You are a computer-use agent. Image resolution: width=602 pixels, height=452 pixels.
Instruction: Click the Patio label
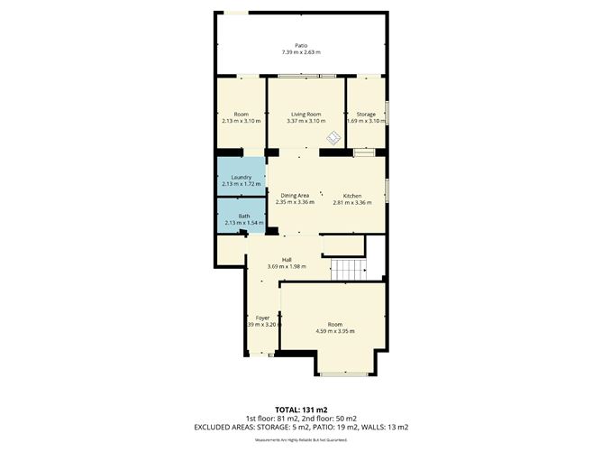(x=300, y=45)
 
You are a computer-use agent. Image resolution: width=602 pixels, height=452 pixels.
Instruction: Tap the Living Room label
(x=306, y=115)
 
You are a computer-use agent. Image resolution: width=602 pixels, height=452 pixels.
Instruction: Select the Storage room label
(x=365, y=115)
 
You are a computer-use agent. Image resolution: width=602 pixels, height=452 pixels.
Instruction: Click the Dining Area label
(x=296, y=196)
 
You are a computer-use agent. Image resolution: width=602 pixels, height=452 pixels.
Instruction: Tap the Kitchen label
(x=351, y=196)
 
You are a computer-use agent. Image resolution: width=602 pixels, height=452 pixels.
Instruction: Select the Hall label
(x=286, y=260)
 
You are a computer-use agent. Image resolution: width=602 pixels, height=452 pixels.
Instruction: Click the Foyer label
(x=262, y=318)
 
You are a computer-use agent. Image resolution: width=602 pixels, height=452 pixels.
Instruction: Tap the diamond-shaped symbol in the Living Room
(x=333, y=138)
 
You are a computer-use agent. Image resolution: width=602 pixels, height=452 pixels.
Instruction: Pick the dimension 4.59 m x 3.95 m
(x=335, y=331)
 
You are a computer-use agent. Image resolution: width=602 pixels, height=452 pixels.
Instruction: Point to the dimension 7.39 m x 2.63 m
(x=300, y=52)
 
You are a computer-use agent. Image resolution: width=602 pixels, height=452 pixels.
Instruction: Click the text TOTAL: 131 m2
(x=300, y=410)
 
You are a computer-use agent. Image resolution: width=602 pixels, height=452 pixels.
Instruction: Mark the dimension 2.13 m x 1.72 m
(x=241, y=184)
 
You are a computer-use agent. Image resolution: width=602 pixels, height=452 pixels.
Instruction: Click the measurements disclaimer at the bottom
(x=300, y=439)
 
